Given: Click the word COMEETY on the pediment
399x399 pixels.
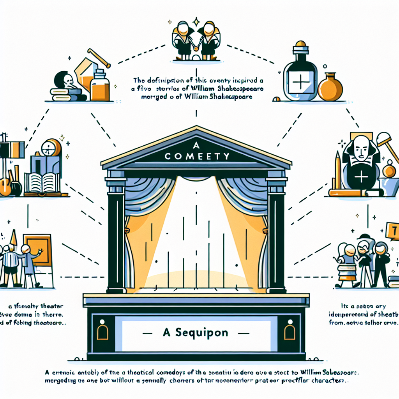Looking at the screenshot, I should click(x=196, y=156).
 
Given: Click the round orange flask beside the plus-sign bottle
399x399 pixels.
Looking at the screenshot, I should click(x=330, y=87).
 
